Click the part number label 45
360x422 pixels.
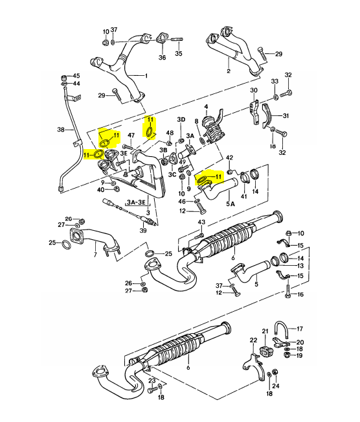(x=76, y=76)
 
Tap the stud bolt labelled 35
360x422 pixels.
(x=177, y=40)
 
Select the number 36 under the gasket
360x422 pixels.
(x=162, y=57)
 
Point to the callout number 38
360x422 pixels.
(x=61, y=130)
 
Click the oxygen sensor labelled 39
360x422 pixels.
(x=129, y=211)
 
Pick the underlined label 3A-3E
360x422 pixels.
(x=137, y=202)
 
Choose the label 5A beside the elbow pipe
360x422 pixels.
(x=231, y=204)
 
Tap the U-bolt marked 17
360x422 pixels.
(x=281, y=330)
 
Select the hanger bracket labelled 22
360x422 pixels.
(x=254, y=367)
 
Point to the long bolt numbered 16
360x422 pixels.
(x=287, y=290)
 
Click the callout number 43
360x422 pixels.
(x=201, y=222)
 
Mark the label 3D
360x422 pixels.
(x=181, y=119)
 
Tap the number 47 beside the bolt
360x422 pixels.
(x=131, y=135)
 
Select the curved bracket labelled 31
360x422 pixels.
(x=267, y=116)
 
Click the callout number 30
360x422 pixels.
(x=254, y=90)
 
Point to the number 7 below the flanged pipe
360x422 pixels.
(x=95, y=254)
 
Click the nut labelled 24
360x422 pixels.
(x=275, y=372)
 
